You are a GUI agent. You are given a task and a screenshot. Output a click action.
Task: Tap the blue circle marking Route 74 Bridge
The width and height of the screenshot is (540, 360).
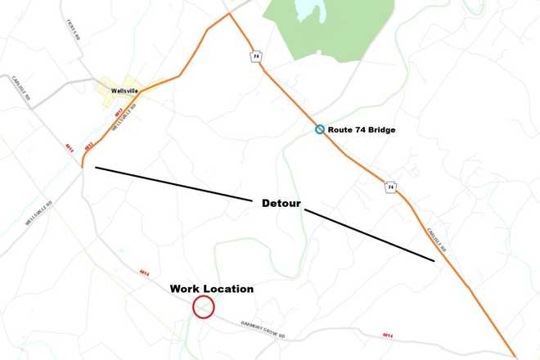320,130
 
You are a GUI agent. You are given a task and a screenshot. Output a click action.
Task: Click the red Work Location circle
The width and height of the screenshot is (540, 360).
203,308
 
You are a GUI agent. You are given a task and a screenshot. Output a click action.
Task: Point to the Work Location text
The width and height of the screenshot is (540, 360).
211,289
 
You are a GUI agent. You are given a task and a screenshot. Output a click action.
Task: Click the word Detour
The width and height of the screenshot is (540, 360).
281,202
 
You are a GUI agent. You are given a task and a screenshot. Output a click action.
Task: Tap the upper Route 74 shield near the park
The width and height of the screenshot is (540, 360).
256,56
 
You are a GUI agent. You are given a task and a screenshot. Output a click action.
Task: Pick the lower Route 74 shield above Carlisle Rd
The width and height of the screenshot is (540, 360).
391,187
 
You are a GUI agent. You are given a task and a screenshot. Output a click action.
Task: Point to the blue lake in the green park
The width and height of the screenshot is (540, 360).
307,12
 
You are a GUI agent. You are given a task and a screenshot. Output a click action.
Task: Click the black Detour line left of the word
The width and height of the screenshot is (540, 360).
172,183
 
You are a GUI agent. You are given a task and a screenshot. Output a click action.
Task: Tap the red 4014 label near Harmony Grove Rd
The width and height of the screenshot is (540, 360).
388,335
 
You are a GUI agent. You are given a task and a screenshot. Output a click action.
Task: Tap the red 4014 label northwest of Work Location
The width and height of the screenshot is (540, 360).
145,272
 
